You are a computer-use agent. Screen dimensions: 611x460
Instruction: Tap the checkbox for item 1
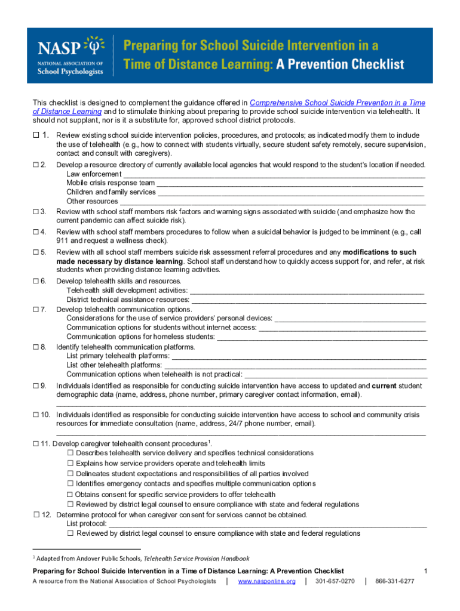36,135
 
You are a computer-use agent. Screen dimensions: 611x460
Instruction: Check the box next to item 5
36,252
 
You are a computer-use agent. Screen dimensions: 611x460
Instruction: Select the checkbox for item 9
36,386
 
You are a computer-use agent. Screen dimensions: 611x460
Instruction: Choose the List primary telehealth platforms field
299,356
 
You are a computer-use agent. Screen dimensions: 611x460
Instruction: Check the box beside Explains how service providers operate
70,463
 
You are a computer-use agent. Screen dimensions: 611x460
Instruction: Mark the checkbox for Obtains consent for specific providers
70,495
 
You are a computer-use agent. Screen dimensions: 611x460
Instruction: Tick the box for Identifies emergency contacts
70,484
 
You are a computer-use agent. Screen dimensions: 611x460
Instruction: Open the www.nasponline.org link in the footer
266,581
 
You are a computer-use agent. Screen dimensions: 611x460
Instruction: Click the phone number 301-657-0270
335,581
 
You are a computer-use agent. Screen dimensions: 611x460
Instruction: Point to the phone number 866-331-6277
394,581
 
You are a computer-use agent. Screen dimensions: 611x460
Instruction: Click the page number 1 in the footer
425,571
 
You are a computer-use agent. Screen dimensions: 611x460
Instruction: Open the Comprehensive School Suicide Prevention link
337,103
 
